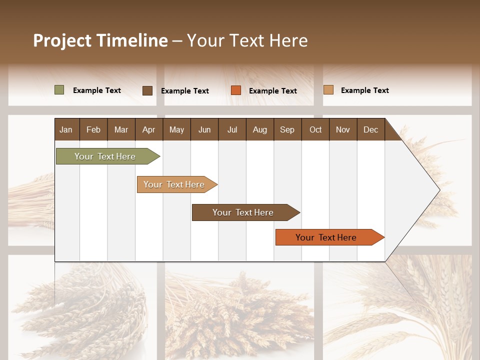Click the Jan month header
tap(66, 129)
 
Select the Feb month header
tap(93, 129)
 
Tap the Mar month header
tap(121, 129)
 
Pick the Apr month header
tap(149, 129)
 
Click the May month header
tap(176, 129)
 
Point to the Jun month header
tap(204, 129)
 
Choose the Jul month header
tap(232, 129)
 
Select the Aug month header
tap(260, 129)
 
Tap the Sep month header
tap(287, 129)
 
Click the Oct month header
tap(315, 129)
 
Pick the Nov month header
tap(343, 129)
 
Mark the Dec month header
tap(370, 129)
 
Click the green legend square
tap(59, 90)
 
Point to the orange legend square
tap(236, 90)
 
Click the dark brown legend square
tap(147, 90)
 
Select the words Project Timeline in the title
tap(100, 40)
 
